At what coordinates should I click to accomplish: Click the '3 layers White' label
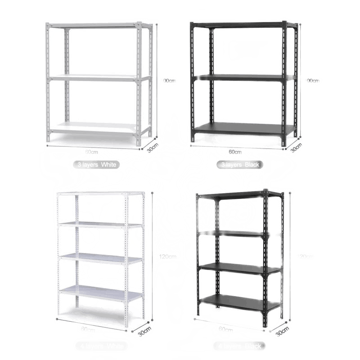point(96,165)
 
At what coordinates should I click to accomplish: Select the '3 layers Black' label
point(239,165)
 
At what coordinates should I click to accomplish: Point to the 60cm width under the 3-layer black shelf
point(235,152)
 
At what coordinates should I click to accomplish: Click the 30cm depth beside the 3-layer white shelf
point(153,148)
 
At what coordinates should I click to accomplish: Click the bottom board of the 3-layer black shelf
point(243,128)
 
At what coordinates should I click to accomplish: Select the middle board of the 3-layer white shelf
point(97,77)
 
